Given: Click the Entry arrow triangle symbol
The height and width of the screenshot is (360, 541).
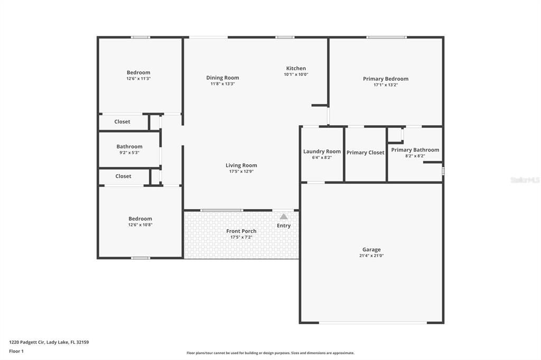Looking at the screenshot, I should (x=284, y=216).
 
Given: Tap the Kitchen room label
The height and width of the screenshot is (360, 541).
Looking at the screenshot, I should (x=296, y=69).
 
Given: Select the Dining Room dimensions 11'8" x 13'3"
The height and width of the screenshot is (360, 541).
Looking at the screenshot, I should (x=222, y=83).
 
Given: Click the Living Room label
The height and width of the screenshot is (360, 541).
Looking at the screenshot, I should (x=241, y=165).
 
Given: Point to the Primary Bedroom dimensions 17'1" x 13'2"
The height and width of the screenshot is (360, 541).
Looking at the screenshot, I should (x=385, y=84).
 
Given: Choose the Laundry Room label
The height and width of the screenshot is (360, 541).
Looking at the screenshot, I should (x=322, y=151).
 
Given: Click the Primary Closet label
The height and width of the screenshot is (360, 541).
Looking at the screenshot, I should (x=365, y=153).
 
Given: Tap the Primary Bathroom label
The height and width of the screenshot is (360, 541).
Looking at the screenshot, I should (x=415, y=150).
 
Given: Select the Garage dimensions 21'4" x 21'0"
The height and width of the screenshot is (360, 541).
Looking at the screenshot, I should (x=371, y=255).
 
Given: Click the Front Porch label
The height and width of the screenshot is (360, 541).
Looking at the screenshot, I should (x=241, y=231).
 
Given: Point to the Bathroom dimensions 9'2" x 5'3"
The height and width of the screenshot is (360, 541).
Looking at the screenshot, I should (x=129, y=153).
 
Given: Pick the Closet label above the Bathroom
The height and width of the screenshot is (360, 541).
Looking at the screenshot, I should (x=122, y=122).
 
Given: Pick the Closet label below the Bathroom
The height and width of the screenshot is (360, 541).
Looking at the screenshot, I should (x=123, y=176).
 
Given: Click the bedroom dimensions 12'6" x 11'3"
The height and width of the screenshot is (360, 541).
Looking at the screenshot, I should (x=138, y=79).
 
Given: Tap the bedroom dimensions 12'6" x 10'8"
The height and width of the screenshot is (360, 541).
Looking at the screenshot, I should (x=140, y=225).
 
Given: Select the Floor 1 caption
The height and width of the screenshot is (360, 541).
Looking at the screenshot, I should (x=16, y=351).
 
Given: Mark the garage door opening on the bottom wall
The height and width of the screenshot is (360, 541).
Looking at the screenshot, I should (x=371, y=323).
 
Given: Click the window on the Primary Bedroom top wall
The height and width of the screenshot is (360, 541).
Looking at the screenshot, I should (x=387, y=37).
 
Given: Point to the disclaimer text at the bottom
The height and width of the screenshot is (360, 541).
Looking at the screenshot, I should (x=270, y=353).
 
